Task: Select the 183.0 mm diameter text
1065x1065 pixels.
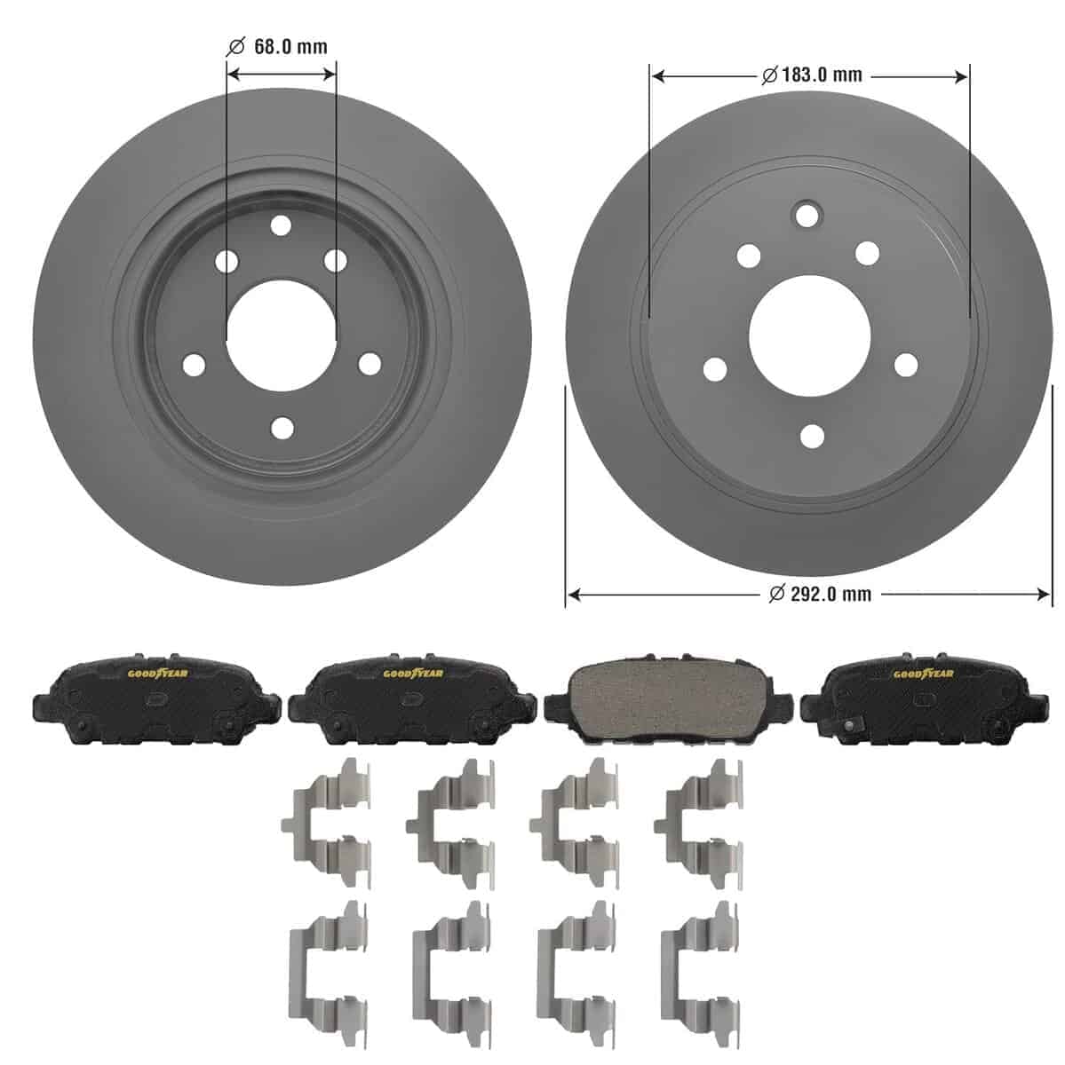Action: tap(822, 75)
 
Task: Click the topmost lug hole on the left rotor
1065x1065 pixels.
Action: tap(282, 225)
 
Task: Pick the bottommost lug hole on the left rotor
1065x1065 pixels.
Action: tap(282, 429)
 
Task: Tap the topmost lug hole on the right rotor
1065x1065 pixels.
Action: tap(807, 216)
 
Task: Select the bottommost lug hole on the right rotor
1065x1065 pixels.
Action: tap(812, 436)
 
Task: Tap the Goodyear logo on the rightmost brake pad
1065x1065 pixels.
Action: tap(923, 674)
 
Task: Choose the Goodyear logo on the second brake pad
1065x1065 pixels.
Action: tap(413, 674)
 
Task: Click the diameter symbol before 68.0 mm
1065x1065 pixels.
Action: tap(236, 46)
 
